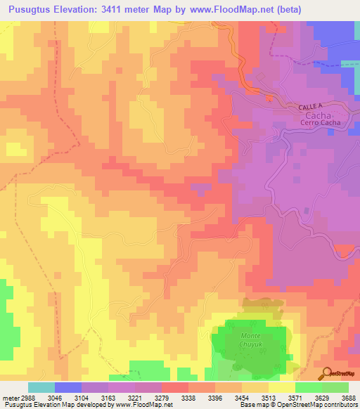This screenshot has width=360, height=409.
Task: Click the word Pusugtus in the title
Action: (33, 8)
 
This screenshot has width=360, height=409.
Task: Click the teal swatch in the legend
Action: (41, 387)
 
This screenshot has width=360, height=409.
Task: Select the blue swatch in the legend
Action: (67, 387)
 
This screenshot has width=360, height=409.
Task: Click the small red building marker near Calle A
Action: (268, 98)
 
